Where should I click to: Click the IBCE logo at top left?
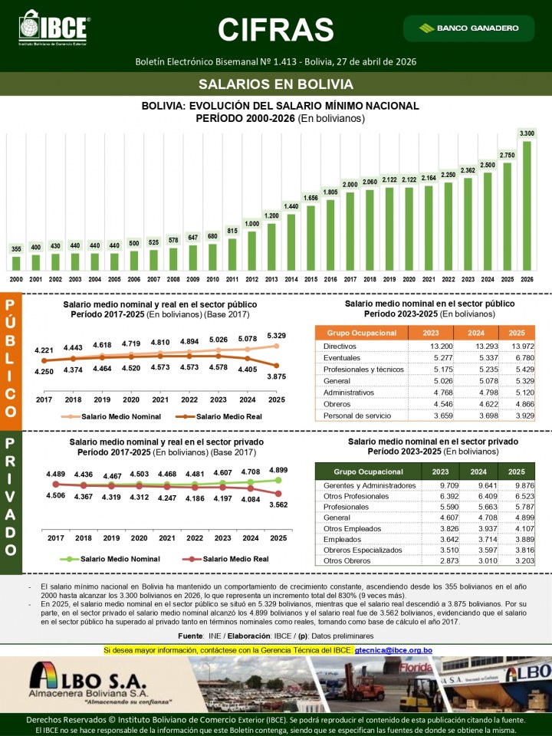tap(54, 28)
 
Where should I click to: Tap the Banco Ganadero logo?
tap(469, 28)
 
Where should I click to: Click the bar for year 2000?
tap(16, 263)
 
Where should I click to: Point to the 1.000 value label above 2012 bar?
tap(251, 224)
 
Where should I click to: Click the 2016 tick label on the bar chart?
tap(330, 280)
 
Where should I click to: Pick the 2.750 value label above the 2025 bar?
tap(507, 155)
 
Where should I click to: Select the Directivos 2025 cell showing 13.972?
tap(517, 347)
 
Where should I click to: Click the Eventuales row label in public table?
tap(343, 359)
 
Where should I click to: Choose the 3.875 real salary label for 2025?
tap(277, 376)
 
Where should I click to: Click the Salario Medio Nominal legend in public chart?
tap(119, 416)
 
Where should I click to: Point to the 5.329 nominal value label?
tap(277, 335)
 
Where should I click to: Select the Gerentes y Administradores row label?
tap(370, 485)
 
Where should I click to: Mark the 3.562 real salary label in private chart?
tap(277, 505)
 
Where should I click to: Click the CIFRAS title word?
tap(276, 29)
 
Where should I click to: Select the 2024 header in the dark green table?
tap(478, 472)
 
